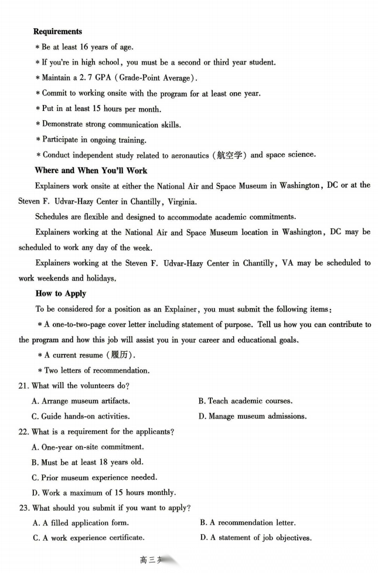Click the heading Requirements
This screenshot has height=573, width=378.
57,32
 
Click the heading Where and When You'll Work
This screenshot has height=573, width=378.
91,170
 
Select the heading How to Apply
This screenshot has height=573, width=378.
61,294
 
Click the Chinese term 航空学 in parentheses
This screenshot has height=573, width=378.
229,155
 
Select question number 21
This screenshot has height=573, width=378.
24,386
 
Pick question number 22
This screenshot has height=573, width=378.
24,432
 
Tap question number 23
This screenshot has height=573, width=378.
24,508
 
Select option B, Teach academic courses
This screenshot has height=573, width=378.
245,401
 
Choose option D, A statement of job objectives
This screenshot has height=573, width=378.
256,538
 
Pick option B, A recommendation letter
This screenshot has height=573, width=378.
247,523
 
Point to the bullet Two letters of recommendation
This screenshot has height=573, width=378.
96,370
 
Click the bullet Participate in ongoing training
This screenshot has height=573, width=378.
94,140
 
